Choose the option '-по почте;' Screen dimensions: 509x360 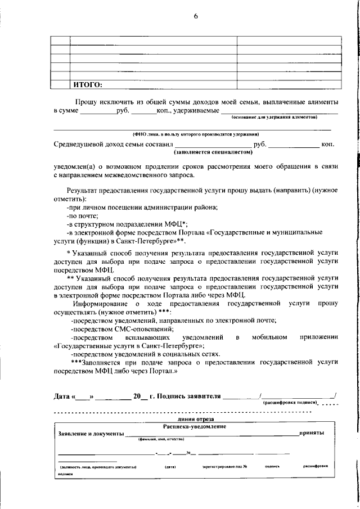tap(82, 215)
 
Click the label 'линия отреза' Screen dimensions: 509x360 tap(195, 419)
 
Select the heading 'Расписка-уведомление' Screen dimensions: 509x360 tap(195, 427)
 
